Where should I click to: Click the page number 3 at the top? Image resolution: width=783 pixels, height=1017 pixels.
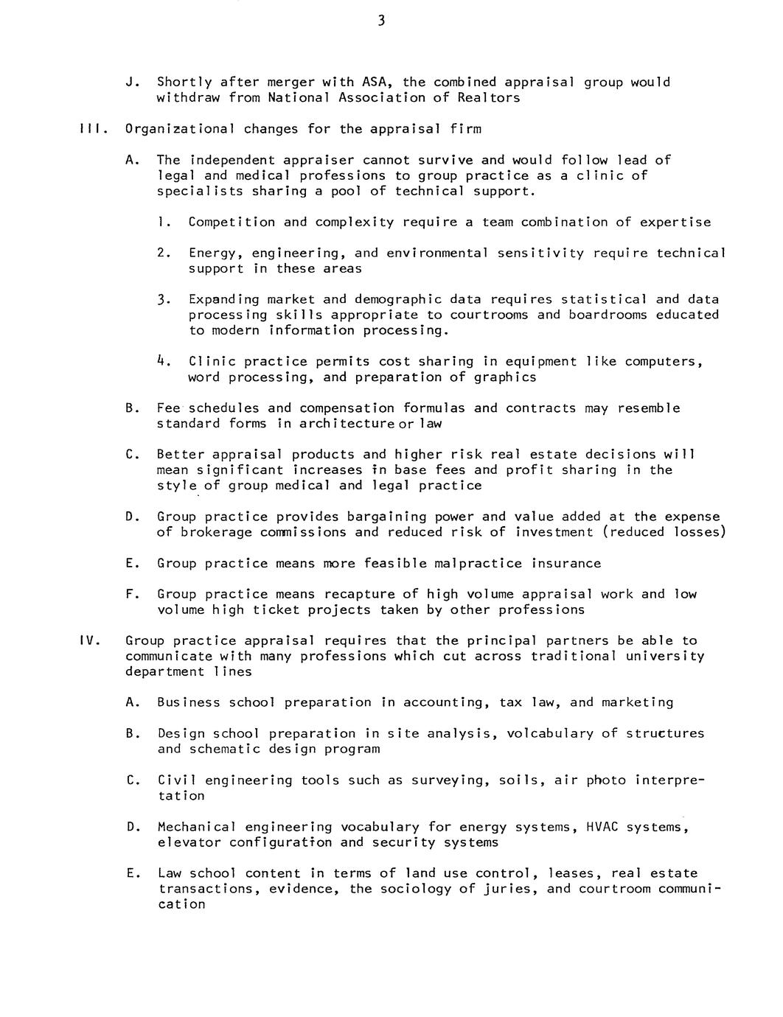click(x=381, y=21)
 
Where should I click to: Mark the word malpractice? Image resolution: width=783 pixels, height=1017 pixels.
click(x=479, y=563)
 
